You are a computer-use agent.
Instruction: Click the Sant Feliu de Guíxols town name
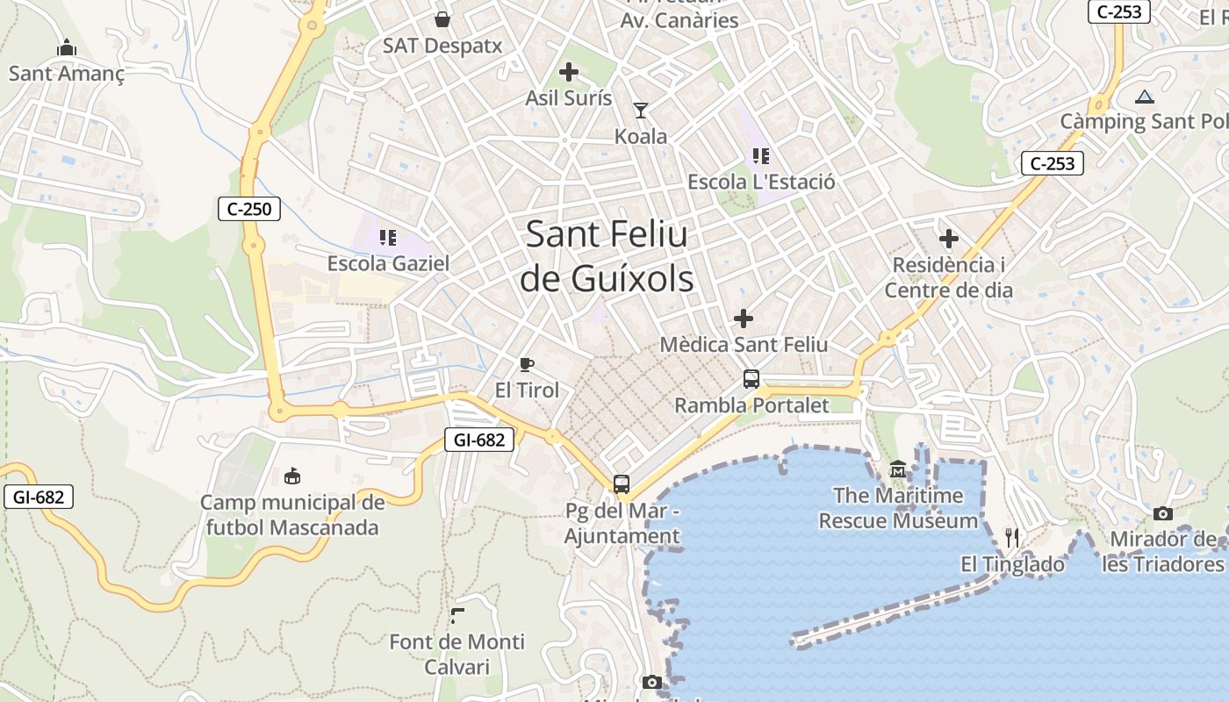point(607,256)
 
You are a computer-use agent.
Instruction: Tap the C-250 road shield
point(249,209)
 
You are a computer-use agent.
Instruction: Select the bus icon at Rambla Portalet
point(751,379)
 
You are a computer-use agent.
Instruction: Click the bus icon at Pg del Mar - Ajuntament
point(622,484)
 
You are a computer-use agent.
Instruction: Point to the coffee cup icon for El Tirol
point(527,364)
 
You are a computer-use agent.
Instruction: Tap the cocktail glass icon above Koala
point(641,111)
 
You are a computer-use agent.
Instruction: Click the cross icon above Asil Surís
point(569,72)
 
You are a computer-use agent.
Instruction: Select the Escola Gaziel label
point(388,263)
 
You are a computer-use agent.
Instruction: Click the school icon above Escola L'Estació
point(761,156)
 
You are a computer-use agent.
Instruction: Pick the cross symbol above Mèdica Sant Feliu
point(744,318)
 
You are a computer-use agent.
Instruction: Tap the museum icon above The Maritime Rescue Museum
point(898,470)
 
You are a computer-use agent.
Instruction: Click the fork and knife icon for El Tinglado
point(1012,537)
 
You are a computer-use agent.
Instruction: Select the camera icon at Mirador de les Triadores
point(1163,513)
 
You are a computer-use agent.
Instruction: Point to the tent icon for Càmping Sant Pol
point(1144,97)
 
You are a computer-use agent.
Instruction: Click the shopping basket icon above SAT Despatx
point(442,19)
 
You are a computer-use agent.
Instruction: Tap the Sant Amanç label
point(67,73)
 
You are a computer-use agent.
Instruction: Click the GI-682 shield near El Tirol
point(479,440)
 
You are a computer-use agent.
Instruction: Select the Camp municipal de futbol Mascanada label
point(292,515)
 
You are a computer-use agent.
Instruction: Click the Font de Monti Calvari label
point(456,654)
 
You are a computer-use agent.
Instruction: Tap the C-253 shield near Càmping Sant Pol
point(1053,163)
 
